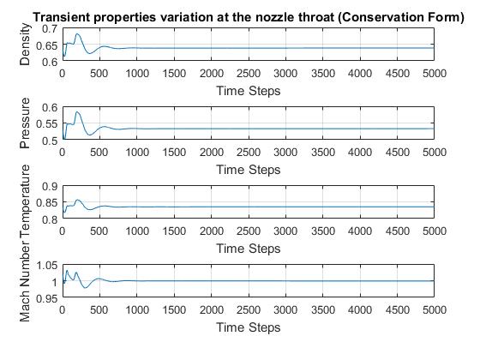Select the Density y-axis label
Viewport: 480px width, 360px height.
[25, 45]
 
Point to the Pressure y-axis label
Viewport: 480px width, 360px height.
[25, 123]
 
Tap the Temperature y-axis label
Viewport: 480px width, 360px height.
[25, 195]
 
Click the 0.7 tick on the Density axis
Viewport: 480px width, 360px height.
[50, 29]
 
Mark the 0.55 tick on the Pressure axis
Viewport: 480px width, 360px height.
[47, 124]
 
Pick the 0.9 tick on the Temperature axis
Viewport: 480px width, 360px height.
[50, 187]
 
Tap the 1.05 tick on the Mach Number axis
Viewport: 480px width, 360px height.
[47, 265]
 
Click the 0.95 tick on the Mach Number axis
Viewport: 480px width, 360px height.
[47, 298]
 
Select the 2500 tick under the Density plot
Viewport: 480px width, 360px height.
[249, 74]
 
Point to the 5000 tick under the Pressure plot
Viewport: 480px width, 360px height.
[435, 153]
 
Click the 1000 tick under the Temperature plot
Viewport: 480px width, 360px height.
[137, 231]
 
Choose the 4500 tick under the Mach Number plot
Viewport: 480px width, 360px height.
[398, 309]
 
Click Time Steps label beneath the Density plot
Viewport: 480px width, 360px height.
[249, 91]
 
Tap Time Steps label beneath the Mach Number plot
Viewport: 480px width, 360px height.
[249, 327]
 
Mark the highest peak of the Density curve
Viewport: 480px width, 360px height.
[77, 34]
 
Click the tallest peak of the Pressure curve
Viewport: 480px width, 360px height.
[77, 112]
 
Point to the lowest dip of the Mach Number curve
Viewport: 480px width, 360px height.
[86, 288]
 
